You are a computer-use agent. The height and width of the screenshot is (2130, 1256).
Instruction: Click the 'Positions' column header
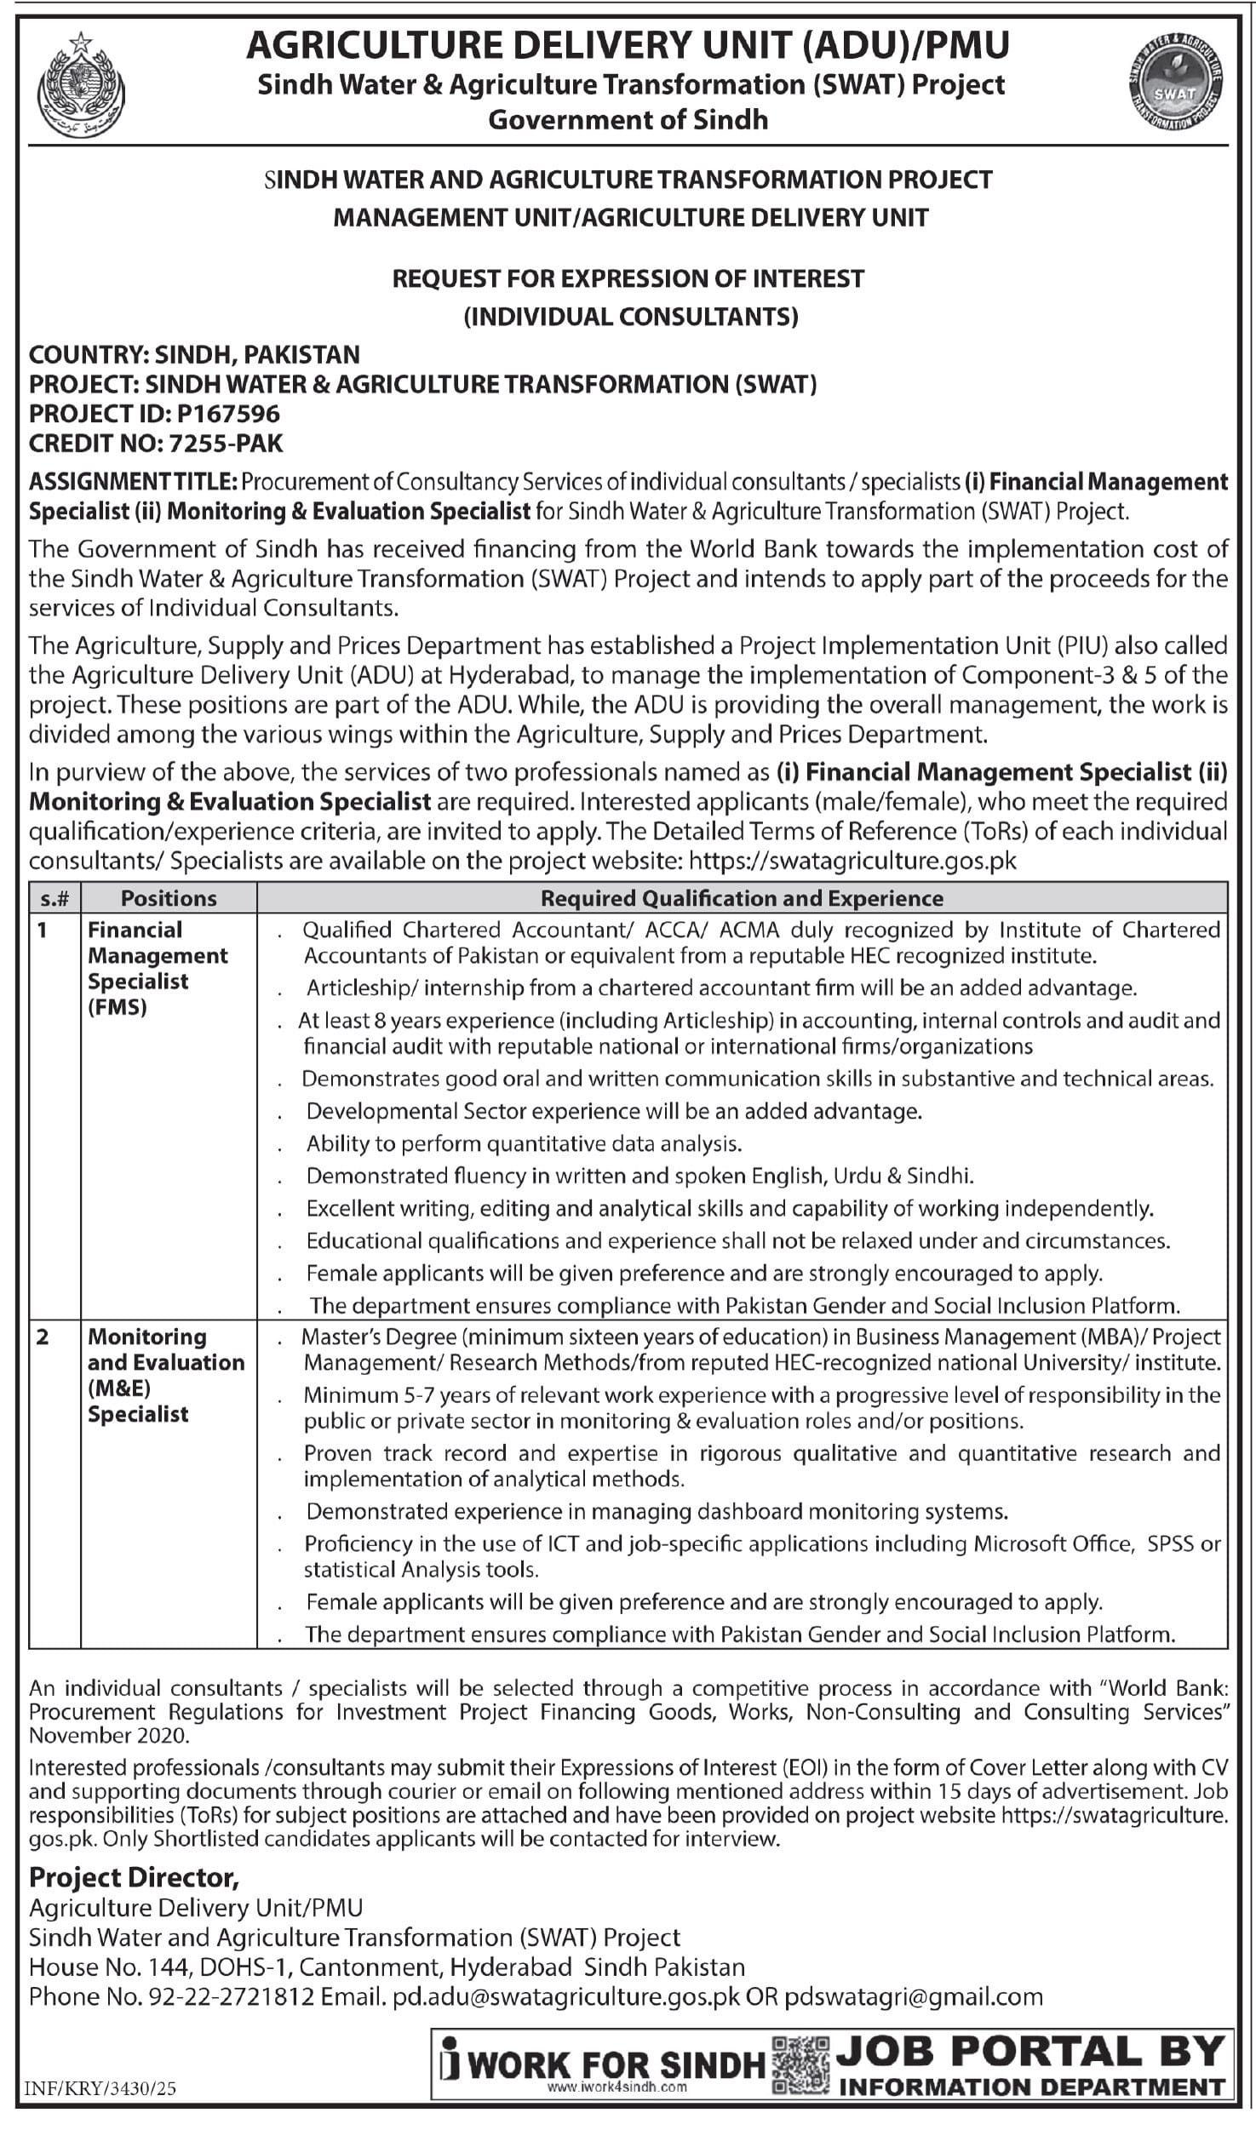coord(169,898)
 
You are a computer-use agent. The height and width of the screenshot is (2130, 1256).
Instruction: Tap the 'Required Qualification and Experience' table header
coord(742,898)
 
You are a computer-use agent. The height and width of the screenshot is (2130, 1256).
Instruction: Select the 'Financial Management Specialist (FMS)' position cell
coord(158,968)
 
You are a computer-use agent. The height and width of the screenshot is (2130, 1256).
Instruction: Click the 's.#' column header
coord(54,898)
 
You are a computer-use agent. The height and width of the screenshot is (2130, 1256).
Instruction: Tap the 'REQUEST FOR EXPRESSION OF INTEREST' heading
coord(628,278)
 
